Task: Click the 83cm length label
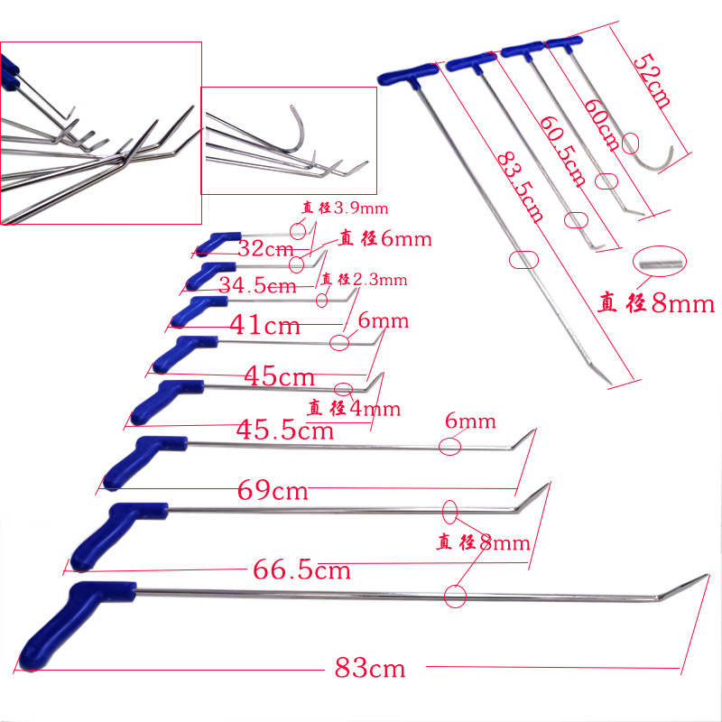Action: coord(370,669)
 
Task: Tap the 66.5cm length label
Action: coord(297,570)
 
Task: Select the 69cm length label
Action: coord(273,491)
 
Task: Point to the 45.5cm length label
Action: coord(285,430)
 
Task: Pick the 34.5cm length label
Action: coord(257,285)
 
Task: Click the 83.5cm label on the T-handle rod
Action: coord(520,186)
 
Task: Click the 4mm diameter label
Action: coord(353,408)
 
